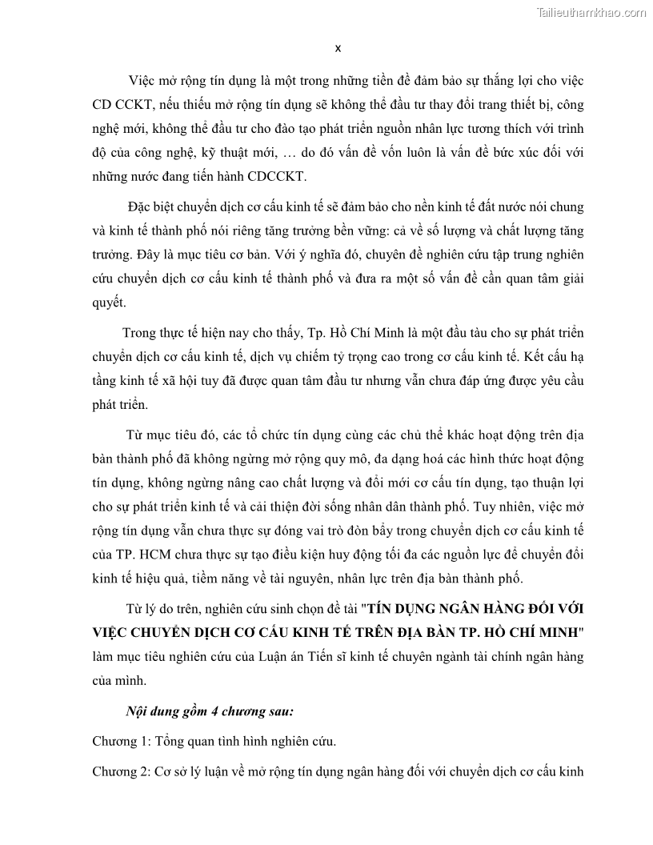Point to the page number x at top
338,48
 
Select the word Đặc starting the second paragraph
141,206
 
